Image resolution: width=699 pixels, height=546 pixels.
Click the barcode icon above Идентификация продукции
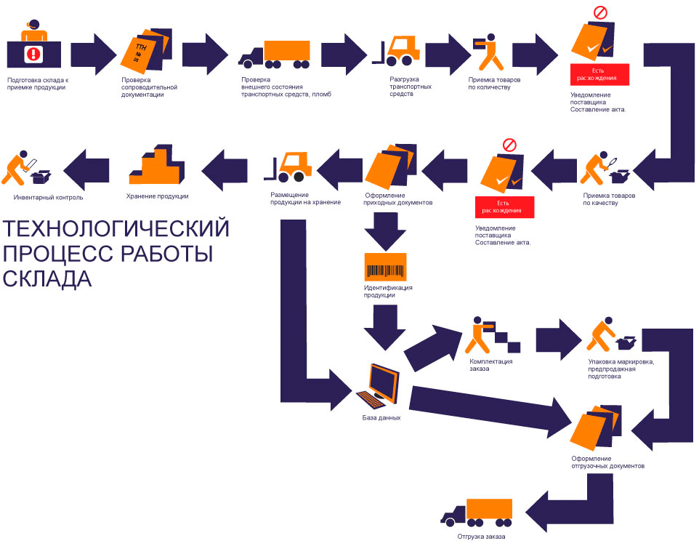click(x=385, y=268)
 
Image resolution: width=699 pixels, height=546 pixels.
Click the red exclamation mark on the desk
click(x=33, y=53)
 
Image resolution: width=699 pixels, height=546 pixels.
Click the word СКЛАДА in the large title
click(x=48, y=279)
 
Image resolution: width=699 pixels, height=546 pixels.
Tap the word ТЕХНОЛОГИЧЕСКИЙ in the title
click(x=116, y=229)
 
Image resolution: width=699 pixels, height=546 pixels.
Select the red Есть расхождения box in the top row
click(x=599, y=75)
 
